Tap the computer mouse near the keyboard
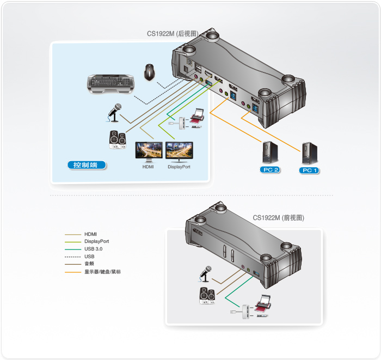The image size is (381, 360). [x=149, y=72]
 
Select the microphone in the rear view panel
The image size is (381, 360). [x=114, y=112]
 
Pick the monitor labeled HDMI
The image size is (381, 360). [x=148, y=151]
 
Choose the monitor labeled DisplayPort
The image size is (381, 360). [x=179, y=151]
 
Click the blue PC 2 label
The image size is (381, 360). [x=269, y=170]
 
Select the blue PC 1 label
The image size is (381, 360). [x=309, y=170]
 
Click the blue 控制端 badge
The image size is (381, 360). [x=86, y=164]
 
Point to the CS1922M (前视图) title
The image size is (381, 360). [x=278, y=217]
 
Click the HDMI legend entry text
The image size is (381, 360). [x=90, y=234]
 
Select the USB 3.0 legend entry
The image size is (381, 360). [x=93, y=249]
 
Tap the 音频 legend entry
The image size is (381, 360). [x=89, y=264]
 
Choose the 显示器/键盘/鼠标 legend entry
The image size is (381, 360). [x=102, y=271]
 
